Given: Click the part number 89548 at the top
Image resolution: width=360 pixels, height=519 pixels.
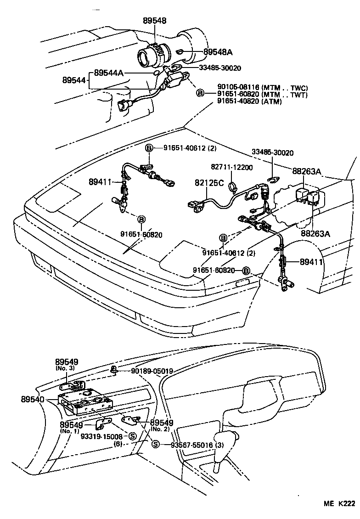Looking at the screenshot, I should click(154, 21).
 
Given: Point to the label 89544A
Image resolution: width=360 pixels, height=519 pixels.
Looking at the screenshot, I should click(108, 73).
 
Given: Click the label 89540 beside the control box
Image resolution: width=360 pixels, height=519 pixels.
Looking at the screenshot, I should click(33, 400).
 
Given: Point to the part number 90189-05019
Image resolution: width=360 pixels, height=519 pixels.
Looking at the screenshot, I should click(152, 371).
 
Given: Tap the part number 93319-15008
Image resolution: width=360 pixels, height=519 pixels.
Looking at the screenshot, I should click(101, 436).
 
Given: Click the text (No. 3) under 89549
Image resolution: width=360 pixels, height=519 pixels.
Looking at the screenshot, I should click(65, 368).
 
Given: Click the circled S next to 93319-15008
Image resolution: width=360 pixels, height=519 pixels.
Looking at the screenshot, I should click(132, 436).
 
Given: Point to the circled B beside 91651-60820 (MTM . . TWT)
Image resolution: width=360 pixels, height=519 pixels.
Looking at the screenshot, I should click(200, 93).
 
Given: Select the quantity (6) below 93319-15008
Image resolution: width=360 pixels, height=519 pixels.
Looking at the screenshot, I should click(118, 445).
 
